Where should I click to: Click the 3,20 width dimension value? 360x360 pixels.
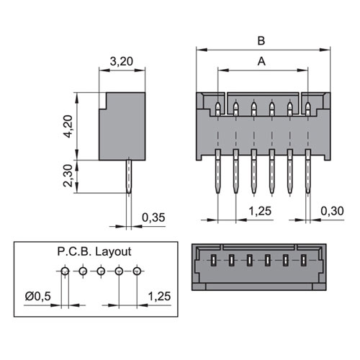click(x=122, y=61)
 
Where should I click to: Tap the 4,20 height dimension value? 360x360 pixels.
click(x=68, y=126)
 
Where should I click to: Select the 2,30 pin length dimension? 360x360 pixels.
click(x=68, y=176)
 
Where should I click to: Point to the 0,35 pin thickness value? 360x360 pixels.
click(x=153, y=217)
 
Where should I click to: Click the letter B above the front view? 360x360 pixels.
click(x=261, y=41)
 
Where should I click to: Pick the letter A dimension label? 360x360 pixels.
click(x=261, y=62)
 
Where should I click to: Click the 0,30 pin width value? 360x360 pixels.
click(x=333, y=211)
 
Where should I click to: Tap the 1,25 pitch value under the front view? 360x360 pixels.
click(x=260, y=211)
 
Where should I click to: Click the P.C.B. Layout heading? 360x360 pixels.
click(x=94, y=252)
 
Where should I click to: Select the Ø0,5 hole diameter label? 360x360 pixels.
click(x=38, y=297)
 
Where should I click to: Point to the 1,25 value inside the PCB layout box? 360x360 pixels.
click(x=160, y=297)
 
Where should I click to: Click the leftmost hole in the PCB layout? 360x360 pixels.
click(x=65, y=271)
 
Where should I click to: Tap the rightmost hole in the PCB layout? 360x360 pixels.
click(x=137, y=271)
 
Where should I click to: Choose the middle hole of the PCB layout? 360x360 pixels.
click(x=101, y=271)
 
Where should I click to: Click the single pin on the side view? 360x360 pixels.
click(x=129, y=176)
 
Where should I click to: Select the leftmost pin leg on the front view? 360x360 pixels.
click(x=218, y=171)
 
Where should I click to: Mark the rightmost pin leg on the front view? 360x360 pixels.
click(x=307, y=171)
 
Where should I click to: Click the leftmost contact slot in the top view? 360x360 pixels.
click(x=213, y=261)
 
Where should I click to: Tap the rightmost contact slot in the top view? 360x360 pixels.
click(x=304, y=261)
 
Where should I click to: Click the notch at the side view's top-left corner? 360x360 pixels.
click(x=103, y=101)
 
